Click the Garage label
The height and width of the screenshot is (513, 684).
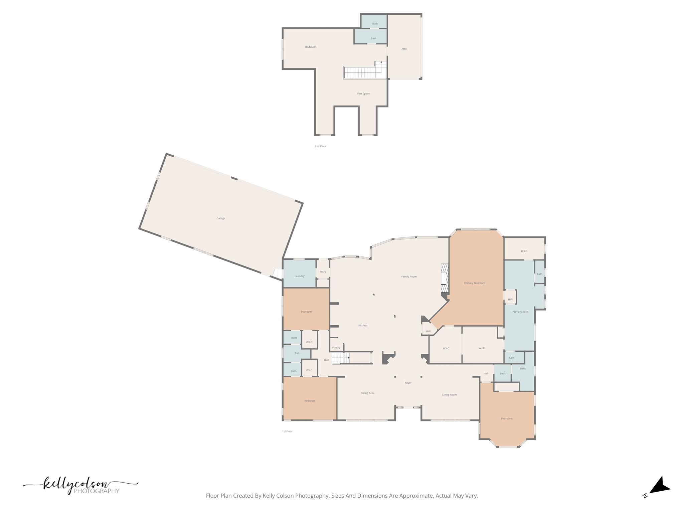pyautogui.click(x=221, y=218)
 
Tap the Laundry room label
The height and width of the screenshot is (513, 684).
pyautogui.click(x=299, y=276)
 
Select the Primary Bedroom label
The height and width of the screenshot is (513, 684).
pyautogui.click(x=474, y=283)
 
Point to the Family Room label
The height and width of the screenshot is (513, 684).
pyautogui.click(x=409, y=277)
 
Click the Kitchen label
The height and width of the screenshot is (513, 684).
pyautogui.click(x=363, y=326)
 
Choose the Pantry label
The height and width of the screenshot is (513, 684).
pyautogui.click(x=336, y=348)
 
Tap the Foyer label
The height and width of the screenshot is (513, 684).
pyautogui.click(x=408, y=383)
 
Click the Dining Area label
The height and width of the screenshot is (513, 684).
pyautogui.click(x=367, y=393)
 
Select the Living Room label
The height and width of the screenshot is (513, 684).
pyautogui.click(x=449, y=395)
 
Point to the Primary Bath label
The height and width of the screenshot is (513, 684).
pyautogui.click(x=520, y=312)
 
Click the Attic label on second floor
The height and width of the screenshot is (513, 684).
pyautogui.click(x=404, y=49)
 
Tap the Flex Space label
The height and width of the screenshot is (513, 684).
pyautogui.click(x=363, y=94)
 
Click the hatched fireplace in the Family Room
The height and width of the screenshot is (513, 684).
pyautogui.click(x=444, y=278)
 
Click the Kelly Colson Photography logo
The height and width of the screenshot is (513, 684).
pyautogui.click(x=80, y=486)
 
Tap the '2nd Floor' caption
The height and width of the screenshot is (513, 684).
pyautogui.click(x=320, y=146)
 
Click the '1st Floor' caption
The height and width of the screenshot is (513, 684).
pyautogui.click(x=287, y=432)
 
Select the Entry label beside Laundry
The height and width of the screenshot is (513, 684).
pyautogui.click(x=323, y=272)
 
